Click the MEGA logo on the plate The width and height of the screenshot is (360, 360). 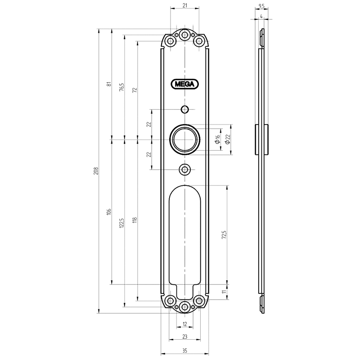point(185,84)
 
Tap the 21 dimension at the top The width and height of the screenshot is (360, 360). point(185,5)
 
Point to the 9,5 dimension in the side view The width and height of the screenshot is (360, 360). point(261,6)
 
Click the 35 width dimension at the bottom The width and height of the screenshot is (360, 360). point(185,351)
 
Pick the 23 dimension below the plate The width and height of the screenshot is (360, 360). point(185,337)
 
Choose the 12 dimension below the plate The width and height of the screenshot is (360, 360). point(185,324)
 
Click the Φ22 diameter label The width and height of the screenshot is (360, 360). point(228,139)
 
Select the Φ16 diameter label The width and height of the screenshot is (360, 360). point(217,139)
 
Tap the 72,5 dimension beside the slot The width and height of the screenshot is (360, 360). point(224,234)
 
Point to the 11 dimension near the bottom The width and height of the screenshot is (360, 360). point(224,292)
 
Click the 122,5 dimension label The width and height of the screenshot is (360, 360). point(121,222)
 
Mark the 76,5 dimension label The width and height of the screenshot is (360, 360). point(121,87)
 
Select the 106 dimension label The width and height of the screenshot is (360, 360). point(109,211)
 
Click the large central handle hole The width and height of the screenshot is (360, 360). point(185,139)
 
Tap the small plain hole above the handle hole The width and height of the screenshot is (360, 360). point(185,109)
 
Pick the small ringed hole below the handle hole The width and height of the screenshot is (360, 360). point(185,170)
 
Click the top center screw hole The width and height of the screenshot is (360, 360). point(184,35)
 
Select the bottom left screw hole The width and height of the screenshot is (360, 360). point(171,301)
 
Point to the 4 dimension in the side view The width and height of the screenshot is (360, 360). point(261,16)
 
